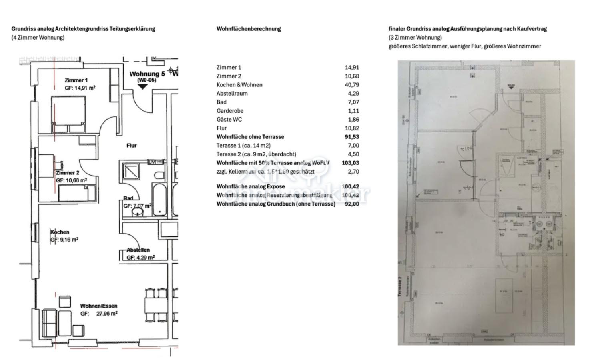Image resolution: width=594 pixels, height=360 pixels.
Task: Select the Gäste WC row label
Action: [x=229, y=120]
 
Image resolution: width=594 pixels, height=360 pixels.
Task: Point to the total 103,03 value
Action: [x=350, y=163]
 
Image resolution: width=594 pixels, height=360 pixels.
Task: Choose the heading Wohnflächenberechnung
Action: [x=248, y=29]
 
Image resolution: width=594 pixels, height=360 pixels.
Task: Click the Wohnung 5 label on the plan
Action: [x=147, y=74]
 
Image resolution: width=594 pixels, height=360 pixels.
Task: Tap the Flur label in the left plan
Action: [x=132, y=146]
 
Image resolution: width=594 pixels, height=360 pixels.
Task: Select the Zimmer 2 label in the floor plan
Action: [x=68, y=173]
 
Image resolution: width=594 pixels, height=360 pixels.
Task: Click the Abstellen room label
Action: [x=138, y=250]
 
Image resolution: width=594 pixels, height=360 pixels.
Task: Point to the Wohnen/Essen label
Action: [x=98, y=306]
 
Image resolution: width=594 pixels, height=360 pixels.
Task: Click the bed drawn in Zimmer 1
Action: [x=68, y=114]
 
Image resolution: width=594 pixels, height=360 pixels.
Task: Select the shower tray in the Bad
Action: [x=131, y=171]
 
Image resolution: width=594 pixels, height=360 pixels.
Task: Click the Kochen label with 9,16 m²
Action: [x=60, y=232]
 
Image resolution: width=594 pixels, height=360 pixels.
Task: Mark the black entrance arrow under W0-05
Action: [x=142, y=86]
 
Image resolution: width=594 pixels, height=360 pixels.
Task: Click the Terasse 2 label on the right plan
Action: [x=400, y=286]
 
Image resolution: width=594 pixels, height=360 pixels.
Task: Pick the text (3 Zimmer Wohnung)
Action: [x=415, y=38]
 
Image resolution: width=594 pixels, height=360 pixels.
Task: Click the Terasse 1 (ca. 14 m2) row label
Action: [x=243, y=146]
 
